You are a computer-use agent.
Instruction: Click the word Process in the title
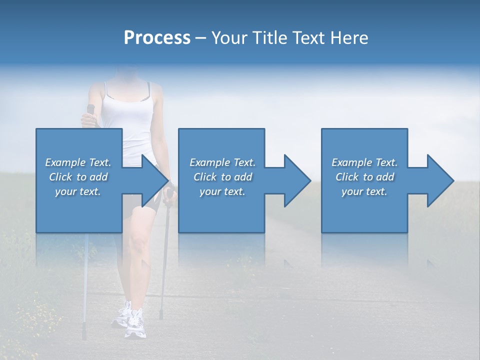[x=157, y=38]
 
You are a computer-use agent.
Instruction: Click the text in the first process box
[x=78, y=177]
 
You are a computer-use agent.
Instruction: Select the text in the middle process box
[x=222, y=177]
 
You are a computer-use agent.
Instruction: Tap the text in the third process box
[x=364, y=177]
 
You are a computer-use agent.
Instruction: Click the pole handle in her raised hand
[x=90, y=109]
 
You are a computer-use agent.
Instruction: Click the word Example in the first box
[x=65, y=162]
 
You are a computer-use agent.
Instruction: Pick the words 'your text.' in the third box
[x=364, y=191]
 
